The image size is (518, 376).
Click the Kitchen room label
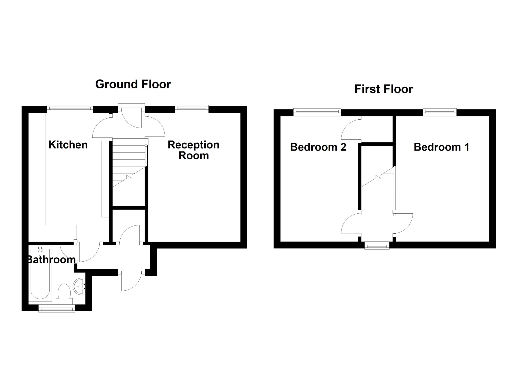68,145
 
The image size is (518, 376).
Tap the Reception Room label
193,150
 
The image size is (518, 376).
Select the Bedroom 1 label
441,147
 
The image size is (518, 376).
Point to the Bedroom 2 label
318,147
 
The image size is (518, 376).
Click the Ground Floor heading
133,84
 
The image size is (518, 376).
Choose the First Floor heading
383,89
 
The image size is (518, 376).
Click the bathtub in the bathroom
40,274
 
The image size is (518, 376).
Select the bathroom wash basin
79,287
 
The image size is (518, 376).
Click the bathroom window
57,308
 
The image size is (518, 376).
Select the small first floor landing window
377,245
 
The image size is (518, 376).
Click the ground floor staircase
129,164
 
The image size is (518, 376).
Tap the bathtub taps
40,249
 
